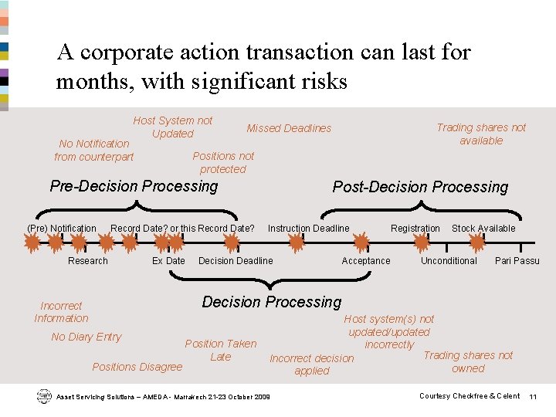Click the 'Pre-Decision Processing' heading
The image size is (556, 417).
tap(134, 186)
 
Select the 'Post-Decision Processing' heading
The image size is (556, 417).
tap(420, 187)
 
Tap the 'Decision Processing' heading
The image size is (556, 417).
tap(271, 302)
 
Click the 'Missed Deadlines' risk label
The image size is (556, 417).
tap(289, 128)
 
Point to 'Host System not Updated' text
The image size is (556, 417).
tap(173, 127)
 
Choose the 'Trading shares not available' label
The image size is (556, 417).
tap(481, 134)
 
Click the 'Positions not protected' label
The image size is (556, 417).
tap(223, 162)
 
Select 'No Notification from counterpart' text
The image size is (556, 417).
tap(94, 150)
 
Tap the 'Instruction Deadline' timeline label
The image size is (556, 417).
tap(309, 229)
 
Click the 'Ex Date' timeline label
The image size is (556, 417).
tap(168, 261)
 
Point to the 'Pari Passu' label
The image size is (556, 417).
tap(517, 261)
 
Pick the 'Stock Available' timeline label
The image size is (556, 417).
tap(483, 229)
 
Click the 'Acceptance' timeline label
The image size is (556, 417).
tap(366, 261)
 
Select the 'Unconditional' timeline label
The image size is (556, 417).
tap(449, 261)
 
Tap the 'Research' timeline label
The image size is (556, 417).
tap(88, 261)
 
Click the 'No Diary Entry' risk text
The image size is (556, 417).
tap(86, 337)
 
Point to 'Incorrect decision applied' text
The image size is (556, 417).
tap(312, 364)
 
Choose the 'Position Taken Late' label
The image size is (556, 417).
tap(221, 350)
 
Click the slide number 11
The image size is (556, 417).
tap(533, 396)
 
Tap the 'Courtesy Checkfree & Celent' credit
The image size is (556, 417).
tap(470, 396)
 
